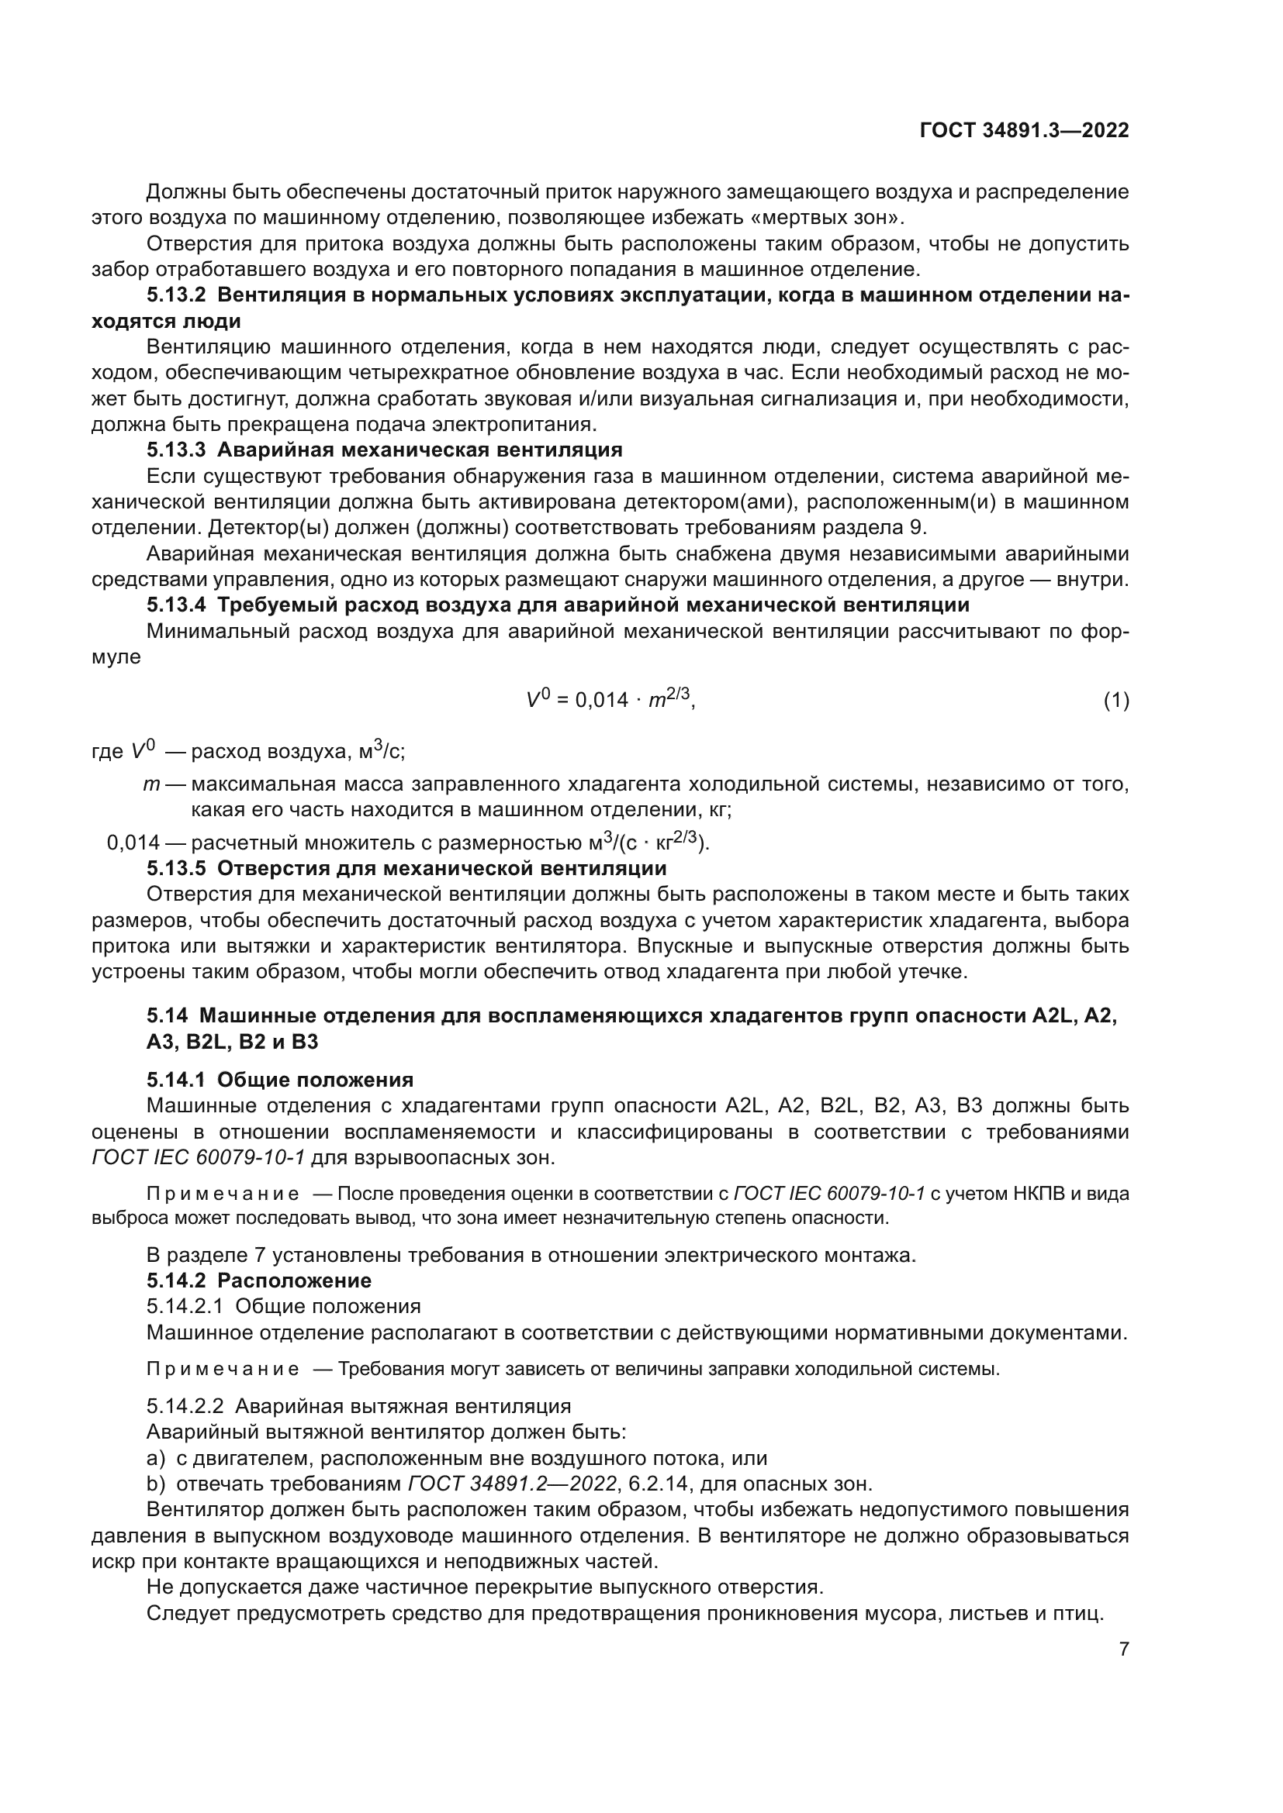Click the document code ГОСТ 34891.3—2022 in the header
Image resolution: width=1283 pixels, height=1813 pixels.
1024,131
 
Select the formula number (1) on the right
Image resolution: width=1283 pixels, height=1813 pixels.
1115,701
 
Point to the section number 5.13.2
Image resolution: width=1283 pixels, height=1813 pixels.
175,295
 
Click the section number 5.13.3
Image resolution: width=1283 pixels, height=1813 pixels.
175,450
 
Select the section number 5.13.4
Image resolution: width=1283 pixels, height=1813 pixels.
175,605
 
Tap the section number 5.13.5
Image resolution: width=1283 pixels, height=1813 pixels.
175,869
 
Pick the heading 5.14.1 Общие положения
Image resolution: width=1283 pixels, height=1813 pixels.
280,1081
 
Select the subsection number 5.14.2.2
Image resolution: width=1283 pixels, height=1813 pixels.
185,1406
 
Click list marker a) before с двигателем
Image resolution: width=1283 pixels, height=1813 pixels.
156,1459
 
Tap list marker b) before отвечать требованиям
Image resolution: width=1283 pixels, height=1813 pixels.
156,1484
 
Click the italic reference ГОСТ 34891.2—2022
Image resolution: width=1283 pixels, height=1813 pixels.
512,1484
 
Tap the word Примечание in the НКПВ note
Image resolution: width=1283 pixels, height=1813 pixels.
223,1194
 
